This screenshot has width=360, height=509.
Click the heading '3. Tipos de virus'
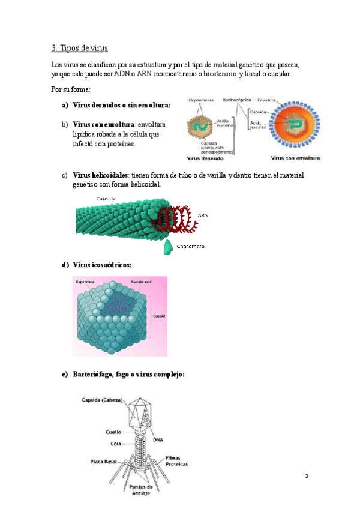point(79,47)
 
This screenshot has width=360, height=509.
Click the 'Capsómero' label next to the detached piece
point(191,247)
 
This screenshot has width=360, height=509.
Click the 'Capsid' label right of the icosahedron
point(159,316)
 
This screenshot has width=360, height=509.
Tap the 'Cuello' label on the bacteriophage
point(113,432)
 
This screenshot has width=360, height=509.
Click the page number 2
point(306,477)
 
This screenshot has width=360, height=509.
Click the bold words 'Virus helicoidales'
point(94,175)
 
